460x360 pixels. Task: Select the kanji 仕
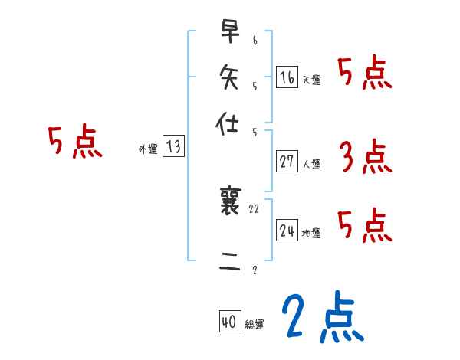click(x=230, y=122)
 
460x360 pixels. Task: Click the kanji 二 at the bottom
click(x=230, y=263)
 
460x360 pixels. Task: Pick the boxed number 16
click(x=287, y=77)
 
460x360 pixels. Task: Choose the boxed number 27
click(x=287, y=161)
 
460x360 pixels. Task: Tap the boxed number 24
click(x=287, y=231)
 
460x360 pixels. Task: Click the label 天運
click(x=312, y=80)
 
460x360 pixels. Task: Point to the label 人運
click(x=312, y=164)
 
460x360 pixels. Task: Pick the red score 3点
click(x=365, y=158)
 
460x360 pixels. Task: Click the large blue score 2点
click(x=322, y=317)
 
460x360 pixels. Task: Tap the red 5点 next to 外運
click(x=74, y=142)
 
